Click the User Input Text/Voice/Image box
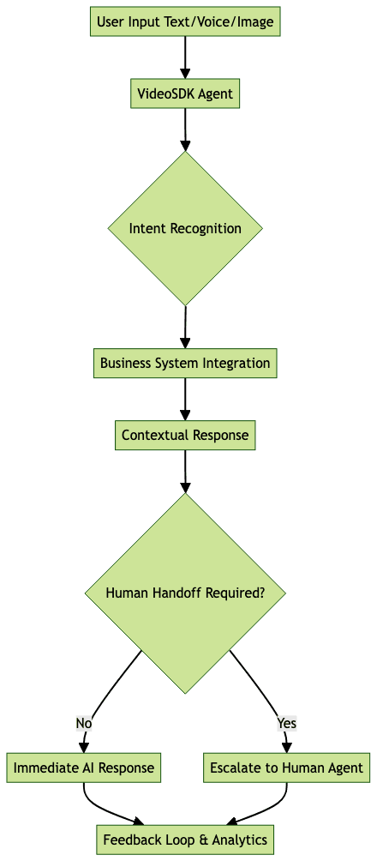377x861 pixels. (x=185, y=21)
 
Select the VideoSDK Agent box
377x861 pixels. (x=185, y=93)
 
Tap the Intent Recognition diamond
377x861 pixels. (x=185, y=228)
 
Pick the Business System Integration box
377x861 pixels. (x=185, y=363)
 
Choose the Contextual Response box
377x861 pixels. (x=185, y=435)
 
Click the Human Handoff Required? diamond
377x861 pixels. (x=185, y=593)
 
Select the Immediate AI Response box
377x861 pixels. (x=84, y=768)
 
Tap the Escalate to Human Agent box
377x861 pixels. (x=286, y=768)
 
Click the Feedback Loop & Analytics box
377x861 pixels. (x=185, y=840)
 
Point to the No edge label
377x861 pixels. (x=84, y=723)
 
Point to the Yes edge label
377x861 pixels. (x=286, y=723)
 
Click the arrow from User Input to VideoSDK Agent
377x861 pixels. (x=185, y=57)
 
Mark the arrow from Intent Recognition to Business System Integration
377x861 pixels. (x=185, y=327)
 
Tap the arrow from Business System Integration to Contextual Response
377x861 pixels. (x=185, y=399)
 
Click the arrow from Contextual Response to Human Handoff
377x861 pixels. (x=185, y=471)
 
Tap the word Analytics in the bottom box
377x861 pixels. (x=237, y=840)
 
